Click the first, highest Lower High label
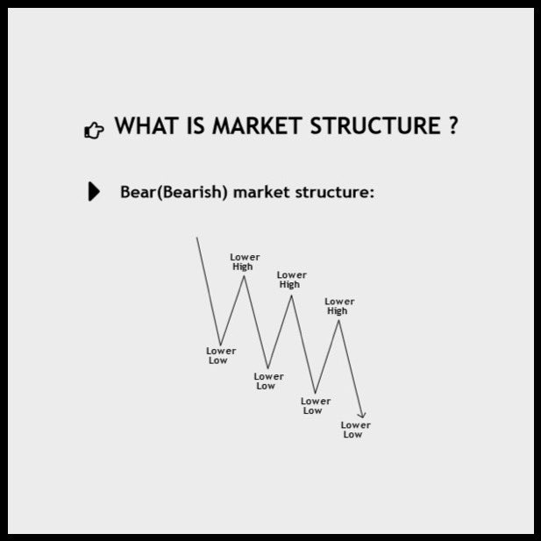point(245,261)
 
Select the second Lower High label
point(291,280)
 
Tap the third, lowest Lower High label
point(338,306)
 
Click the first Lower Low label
point(220,355)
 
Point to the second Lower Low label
point(267,381)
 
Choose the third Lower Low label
point(315,405)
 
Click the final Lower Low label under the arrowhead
point(354,430)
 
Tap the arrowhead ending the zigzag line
point(362,415)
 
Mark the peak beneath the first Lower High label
point(245,276)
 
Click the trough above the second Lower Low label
point(268,368)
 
